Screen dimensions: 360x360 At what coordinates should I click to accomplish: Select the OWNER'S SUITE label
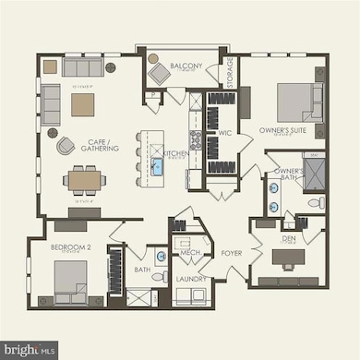point(282,131)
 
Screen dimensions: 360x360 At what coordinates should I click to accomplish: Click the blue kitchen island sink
point(158,167)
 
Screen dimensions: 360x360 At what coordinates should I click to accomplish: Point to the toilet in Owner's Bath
point(313,201)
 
